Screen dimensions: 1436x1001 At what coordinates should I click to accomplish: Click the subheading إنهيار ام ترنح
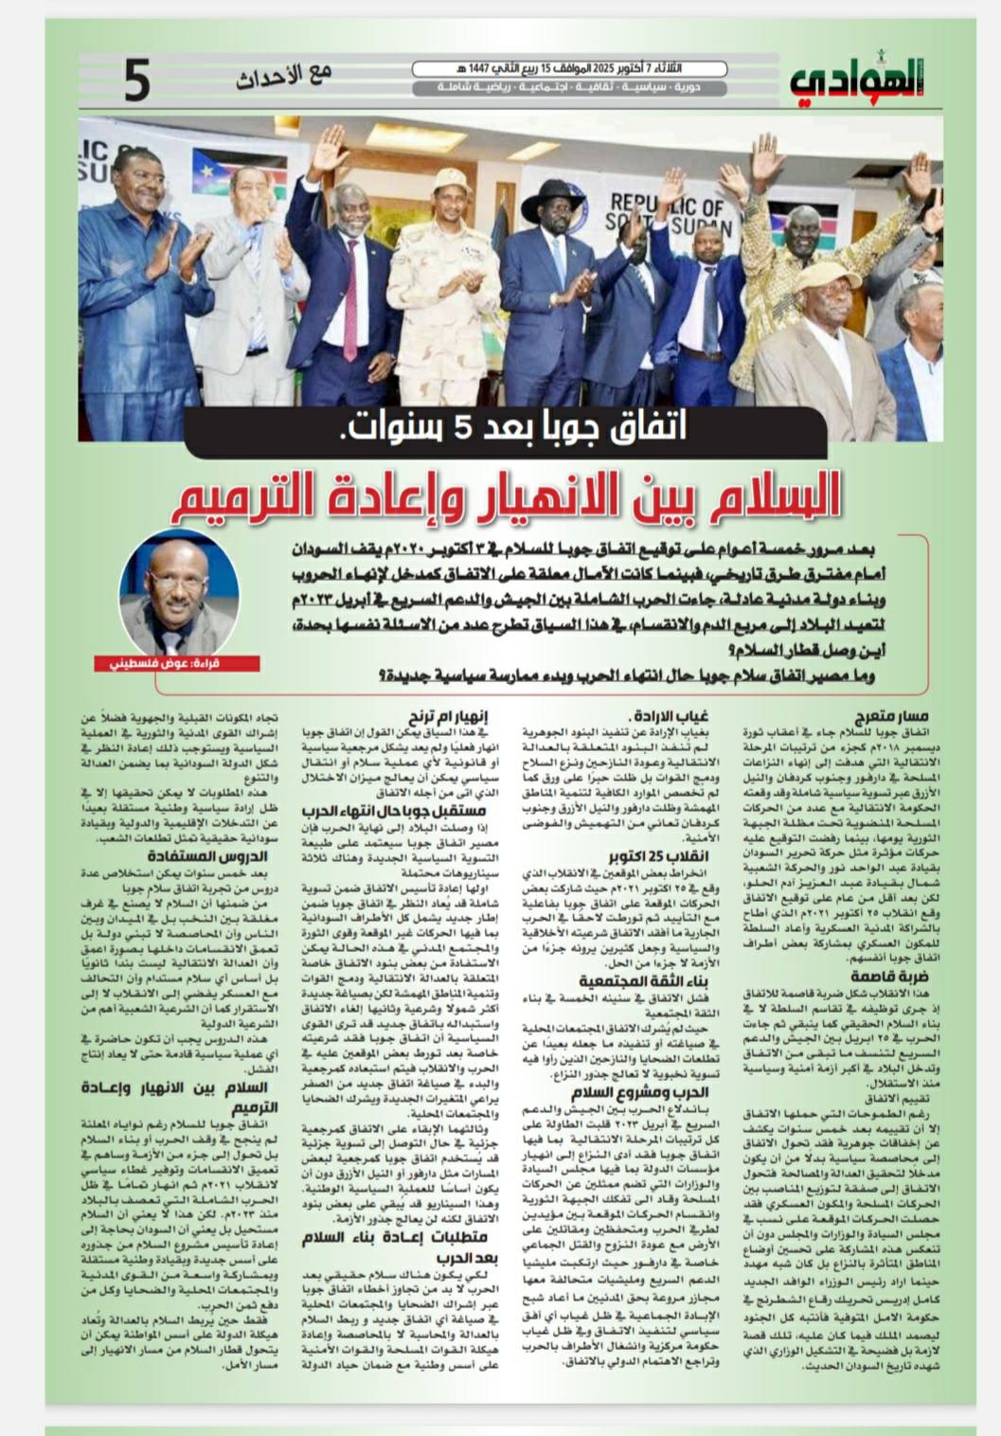448,717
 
